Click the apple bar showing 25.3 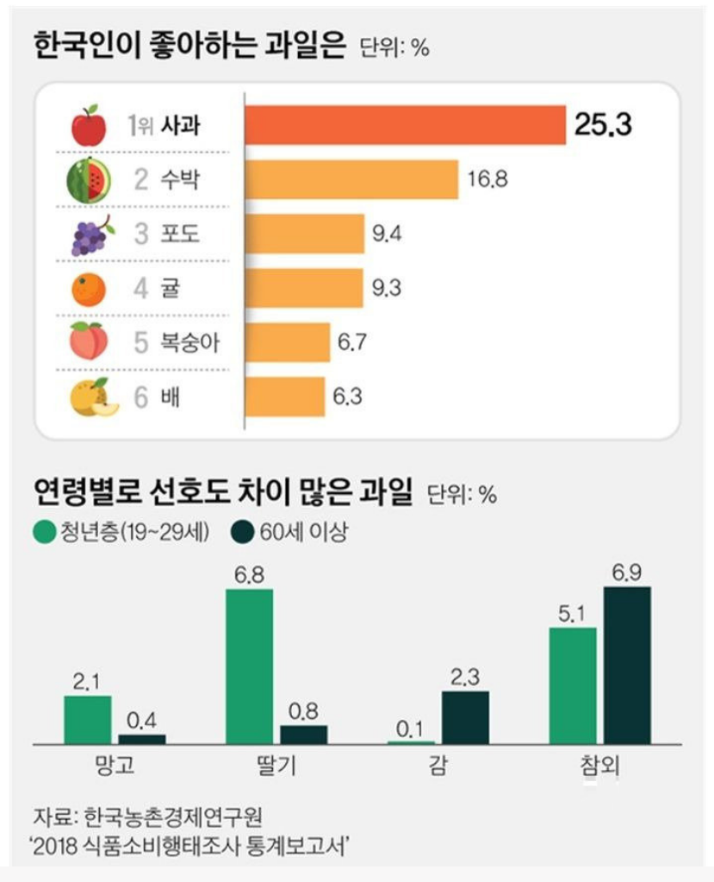[x=405, y=126]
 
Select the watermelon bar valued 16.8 [x=351, y=179]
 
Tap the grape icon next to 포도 [x=90, y=235]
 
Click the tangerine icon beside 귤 [x=88, y=289]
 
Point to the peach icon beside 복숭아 [x=89, y=343]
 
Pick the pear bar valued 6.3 [x=285, y=397]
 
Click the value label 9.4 [x=386, y=234]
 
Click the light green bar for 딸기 [x=250, y=666]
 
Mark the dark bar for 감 [x=465, y=716]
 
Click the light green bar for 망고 [x=88, y=719]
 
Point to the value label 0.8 [x=304, y=713]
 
